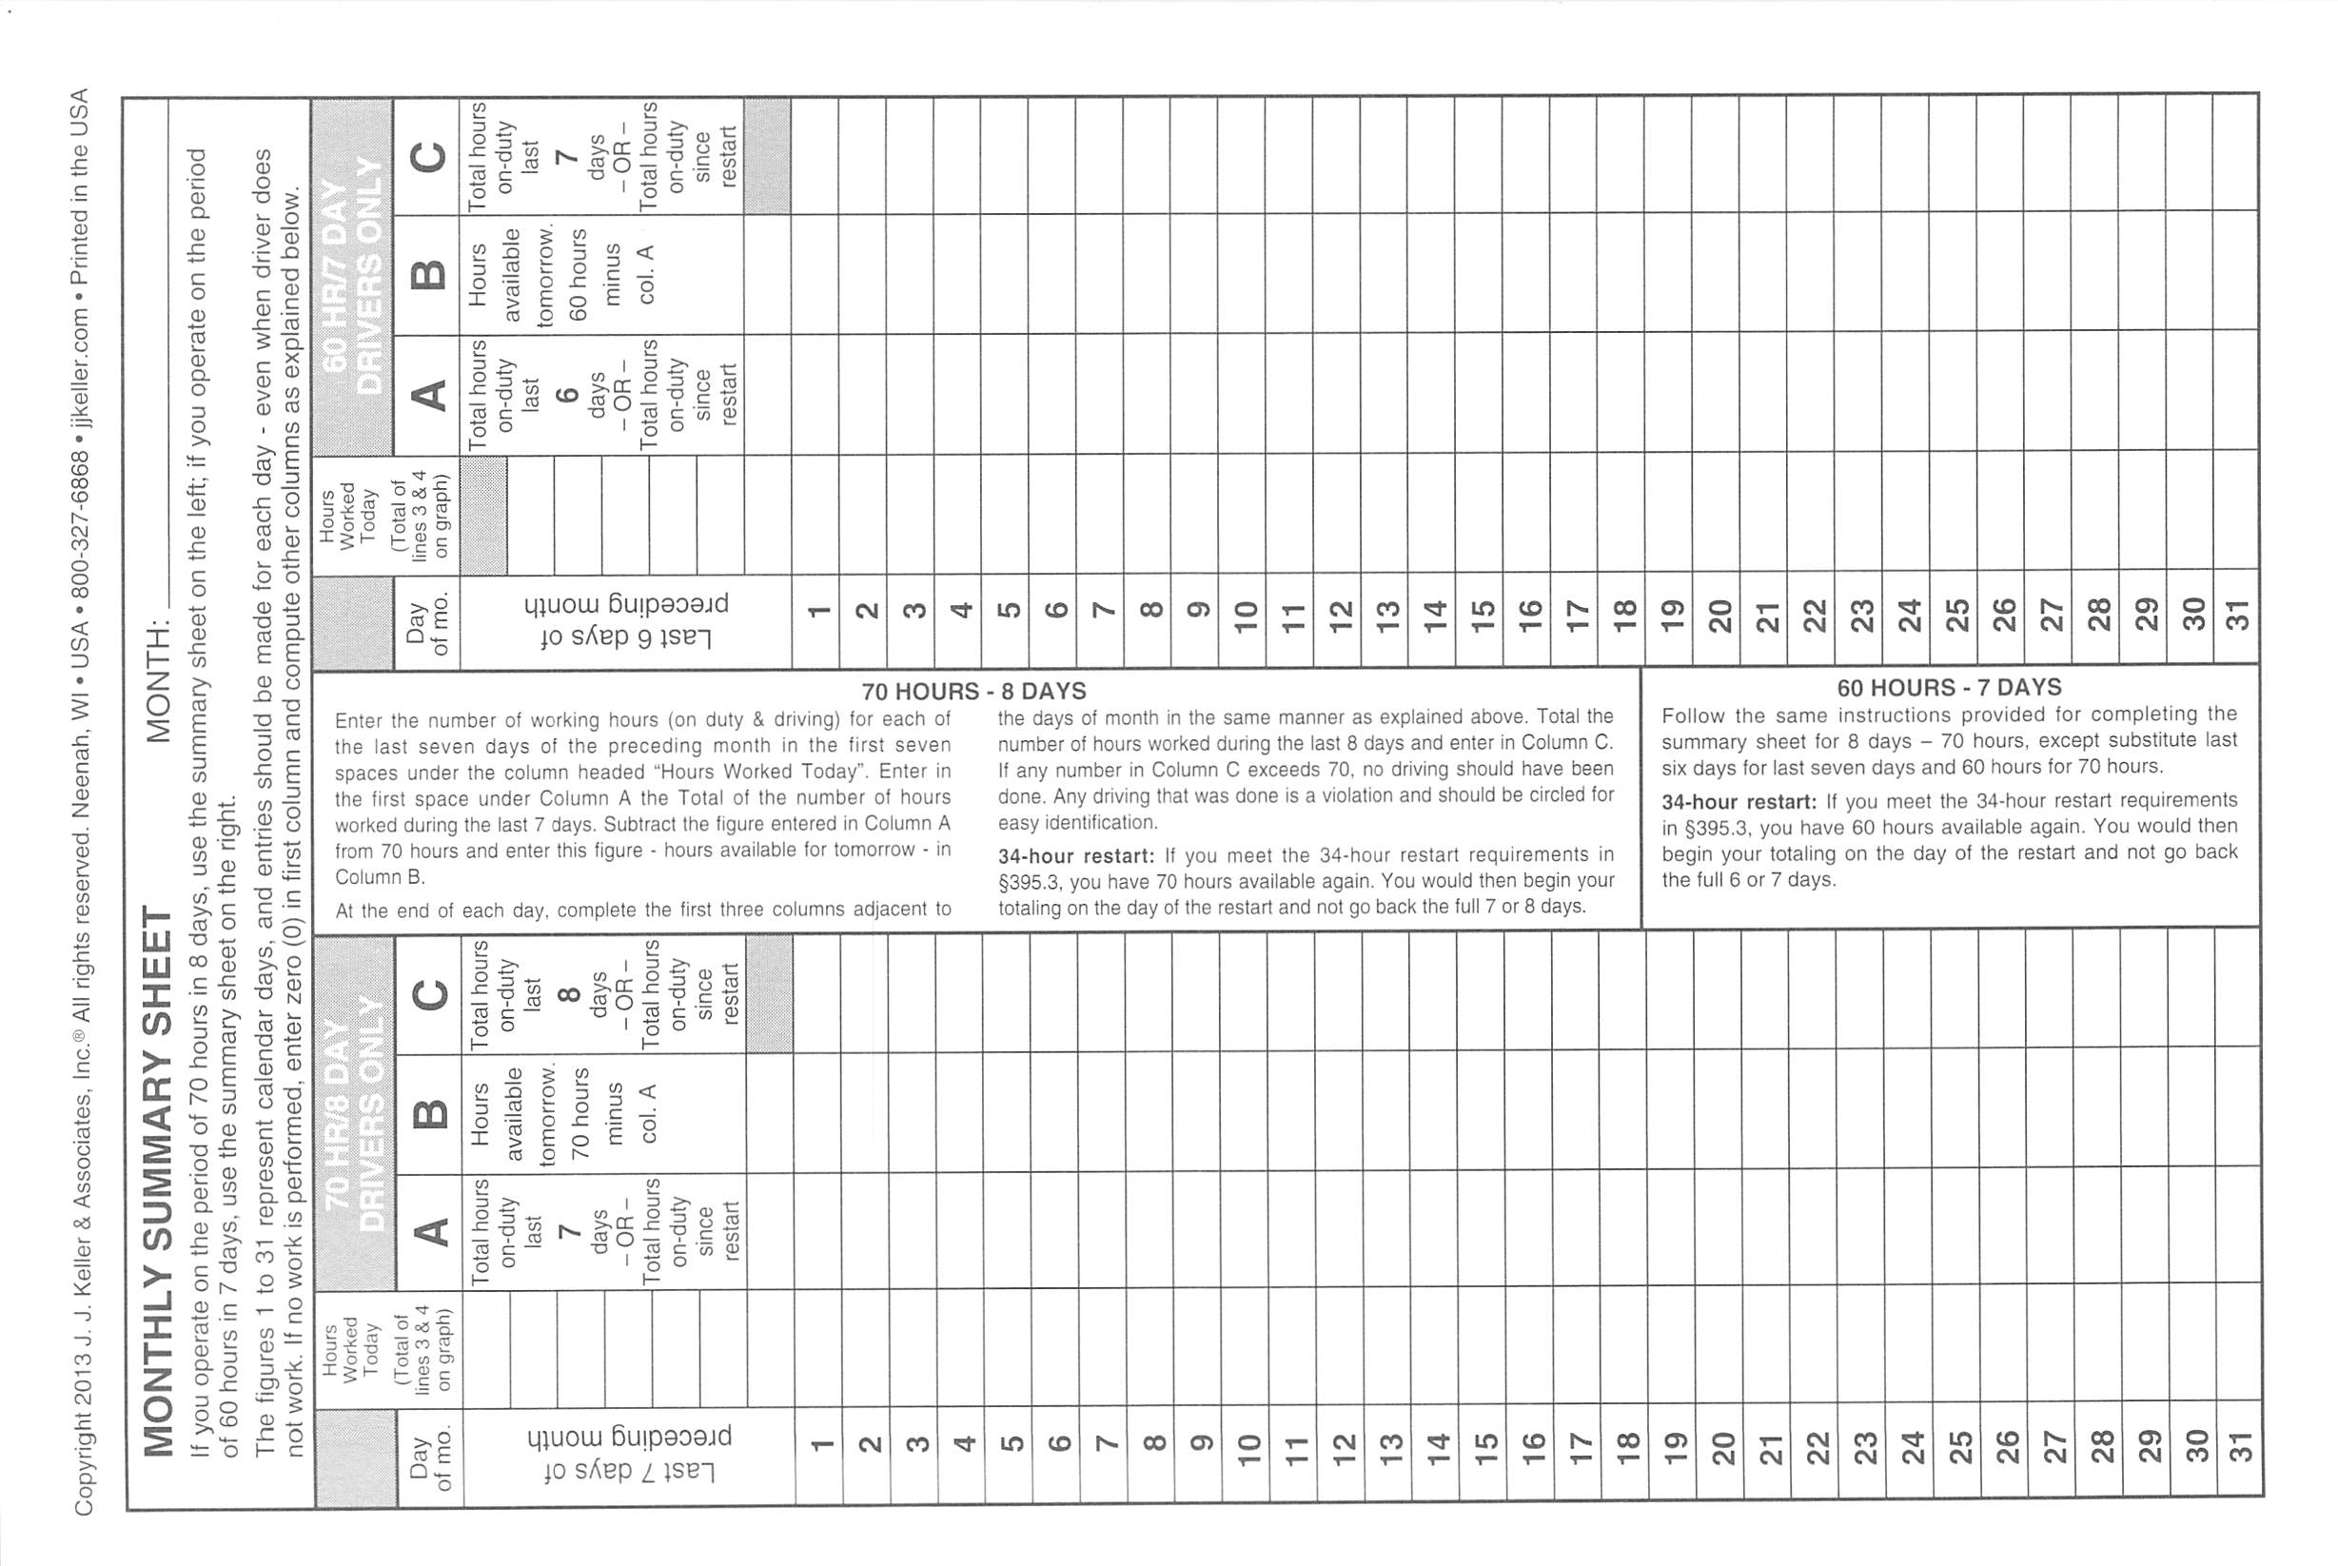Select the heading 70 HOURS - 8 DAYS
973,690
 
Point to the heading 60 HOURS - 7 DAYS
1949,687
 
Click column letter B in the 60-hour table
428,275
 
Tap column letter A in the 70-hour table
430,1230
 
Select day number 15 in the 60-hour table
1483,616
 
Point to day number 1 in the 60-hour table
818,611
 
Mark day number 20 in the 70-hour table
1720,1447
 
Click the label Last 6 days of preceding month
626,620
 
